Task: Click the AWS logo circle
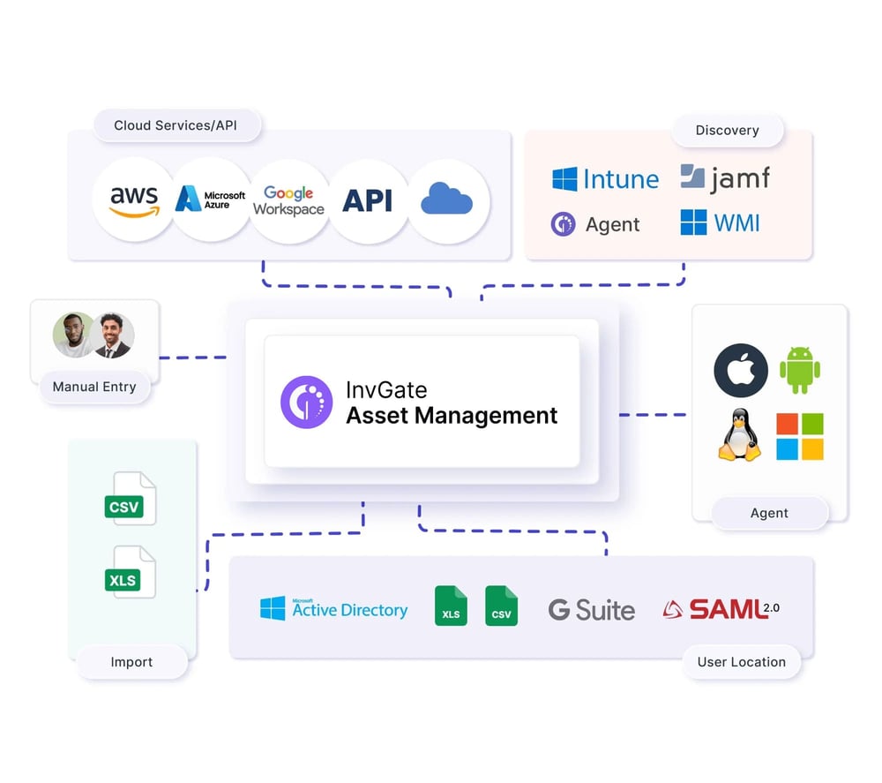[x=133, y=200]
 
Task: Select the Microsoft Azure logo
[x=211, y=200]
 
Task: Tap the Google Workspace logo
[x=288, y=200]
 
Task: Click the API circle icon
[x=367, y=200]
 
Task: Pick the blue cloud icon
[x=446, y=200]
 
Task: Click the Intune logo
[x=605, y=179]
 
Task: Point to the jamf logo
[x=725, y=178]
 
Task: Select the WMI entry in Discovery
[x=720, y=222]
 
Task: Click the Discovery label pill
[x=727, y=131]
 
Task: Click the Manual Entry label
[x=94, y=387]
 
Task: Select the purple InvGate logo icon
[x=306, y=403]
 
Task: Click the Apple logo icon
[x=740, y=370]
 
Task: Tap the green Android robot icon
[x=799, y=370]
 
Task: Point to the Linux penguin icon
[x=739, y=436]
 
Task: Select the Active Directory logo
[x=333, y=609]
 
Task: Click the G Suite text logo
[x=591, y=610]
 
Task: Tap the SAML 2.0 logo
[x=721, y=608]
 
